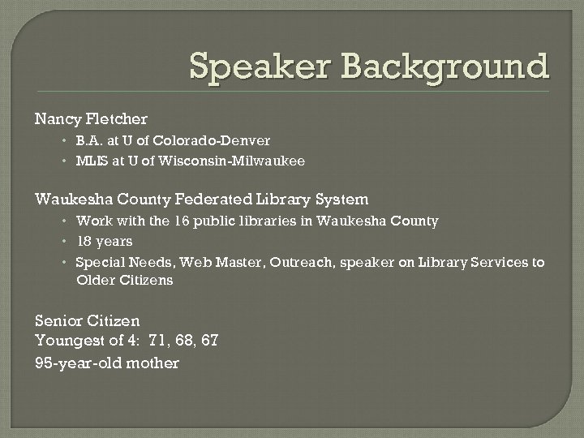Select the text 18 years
point(104,241)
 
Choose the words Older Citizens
point(124,281)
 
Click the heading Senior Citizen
point(88,321)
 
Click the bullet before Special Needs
point(64,262)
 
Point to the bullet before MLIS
point(64,161)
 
